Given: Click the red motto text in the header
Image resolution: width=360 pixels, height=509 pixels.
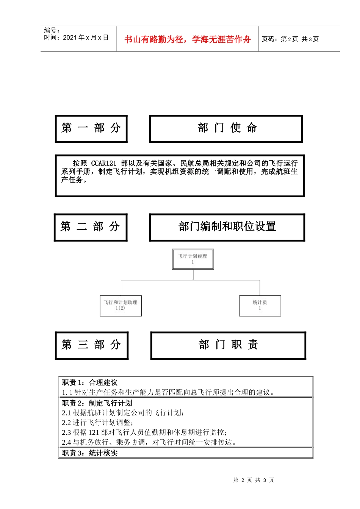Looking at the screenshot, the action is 187,39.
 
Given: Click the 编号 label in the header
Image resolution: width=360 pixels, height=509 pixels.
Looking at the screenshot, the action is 52,30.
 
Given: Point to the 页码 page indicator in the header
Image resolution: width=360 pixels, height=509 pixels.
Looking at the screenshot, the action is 290,39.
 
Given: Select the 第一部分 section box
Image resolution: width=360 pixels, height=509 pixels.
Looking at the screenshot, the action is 91,129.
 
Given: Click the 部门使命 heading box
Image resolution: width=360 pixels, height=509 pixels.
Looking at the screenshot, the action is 226,129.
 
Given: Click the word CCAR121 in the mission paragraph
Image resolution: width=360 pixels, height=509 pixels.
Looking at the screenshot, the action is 103,163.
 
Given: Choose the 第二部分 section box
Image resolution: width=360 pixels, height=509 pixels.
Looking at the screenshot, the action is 90,227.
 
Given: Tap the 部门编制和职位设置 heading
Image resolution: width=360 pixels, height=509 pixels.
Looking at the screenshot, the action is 227,227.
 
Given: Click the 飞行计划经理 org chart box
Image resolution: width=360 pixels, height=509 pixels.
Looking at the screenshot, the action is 193,259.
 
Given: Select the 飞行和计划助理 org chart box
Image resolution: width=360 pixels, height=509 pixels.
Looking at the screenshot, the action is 121,306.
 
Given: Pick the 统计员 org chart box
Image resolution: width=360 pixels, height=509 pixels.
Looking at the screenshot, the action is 260,306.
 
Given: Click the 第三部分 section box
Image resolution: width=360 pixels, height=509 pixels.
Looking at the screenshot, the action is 91,345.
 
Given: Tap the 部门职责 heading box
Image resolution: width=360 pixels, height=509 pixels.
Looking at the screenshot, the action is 228,345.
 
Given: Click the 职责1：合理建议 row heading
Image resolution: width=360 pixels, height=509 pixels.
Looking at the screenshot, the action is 90,383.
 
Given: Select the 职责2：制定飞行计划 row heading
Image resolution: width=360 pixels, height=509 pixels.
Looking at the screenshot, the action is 97,403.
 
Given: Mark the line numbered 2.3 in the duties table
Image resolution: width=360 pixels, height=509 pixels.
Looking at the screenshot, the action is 144,432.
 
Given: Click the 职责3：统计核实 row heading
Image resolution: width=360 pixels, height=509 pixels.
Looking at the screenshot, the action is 90,453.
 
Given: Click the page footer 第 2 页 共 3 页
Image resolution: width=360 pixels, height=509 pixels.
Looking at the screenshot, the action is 254,480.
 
